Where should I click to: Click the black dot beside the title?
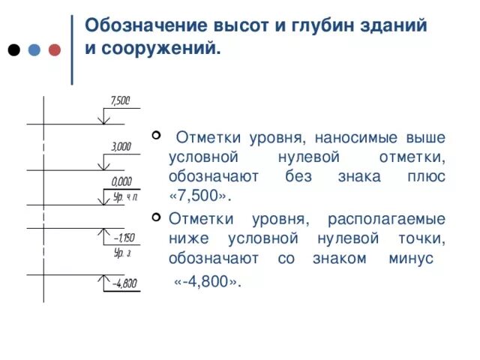pos(13,50)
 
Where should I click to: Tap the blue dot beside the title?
pos(34,50)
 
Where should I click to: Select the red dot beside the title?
pos(54,50)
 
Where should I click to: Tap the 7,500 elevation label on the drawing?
pos(120,100)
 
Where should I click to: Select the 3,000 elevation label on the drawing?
pos(121,147)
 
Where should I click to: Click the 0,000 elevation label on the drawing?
pos(121,181)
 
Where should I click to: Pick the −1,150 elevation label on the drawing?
pos(122,238)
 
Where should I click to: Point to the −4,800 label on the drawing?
pos(124,283)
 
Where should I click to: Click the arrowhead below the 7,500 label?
pos(104,119)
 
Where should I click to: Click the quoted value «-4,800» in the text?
pos(207,282)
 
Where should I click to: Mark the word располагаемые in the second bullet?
pos(387,219)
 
